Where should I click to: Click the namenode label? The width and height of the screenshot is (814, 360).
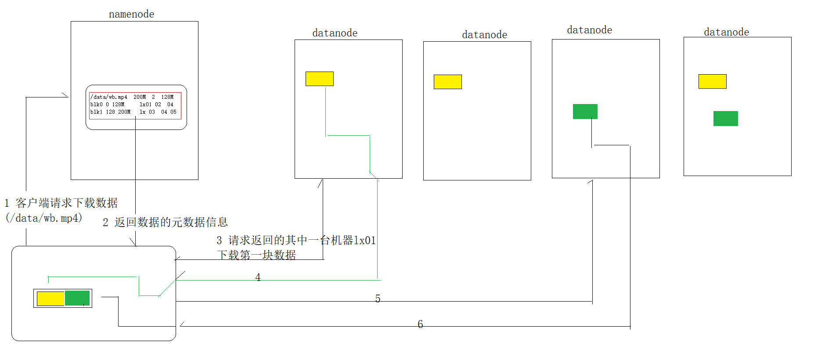[131, 14]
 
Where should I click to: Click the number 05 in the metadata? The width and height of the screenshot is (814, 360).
[173, 112]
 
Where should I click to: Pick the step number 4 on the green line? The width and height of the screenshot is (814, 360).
[258, 277]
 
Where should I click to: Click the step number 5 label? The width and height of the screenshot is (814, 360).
[378, 299]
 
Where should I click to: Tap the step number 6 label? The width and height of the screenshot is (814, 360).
[420, 324]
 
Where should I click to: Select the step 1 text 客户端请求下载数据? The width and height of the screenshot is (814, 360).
[67, 203]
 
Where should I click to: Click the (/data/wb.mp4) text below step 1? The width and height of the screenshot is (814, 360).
[44, 218]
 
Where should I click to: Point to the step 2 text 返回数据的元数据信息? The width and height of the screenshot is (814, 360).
[171, 222]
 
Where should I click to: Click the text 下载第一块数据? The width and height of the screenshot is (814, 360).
[256, 255]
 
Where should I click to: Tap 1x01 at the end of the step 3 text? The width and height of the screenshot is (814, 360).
[365, 241]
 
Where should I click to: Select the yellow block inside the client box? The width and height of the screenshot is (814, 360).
[50, 299]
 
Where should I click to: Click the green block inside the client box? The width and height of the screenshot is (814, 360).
[77, 298]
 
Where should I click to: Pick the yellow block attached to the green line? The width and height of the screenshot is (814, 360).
[320, 79]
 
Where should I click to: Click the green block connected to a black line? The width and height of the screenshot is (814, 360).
[585, 112]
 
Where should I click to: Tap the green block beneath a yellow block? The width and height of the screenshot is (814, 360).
[725, 119]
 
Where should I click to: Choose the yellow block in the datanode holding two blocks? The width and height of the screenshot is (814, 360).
[712, 81]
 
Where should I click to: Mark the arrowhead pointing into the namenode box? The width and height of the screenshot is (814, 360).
[65, 96]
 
